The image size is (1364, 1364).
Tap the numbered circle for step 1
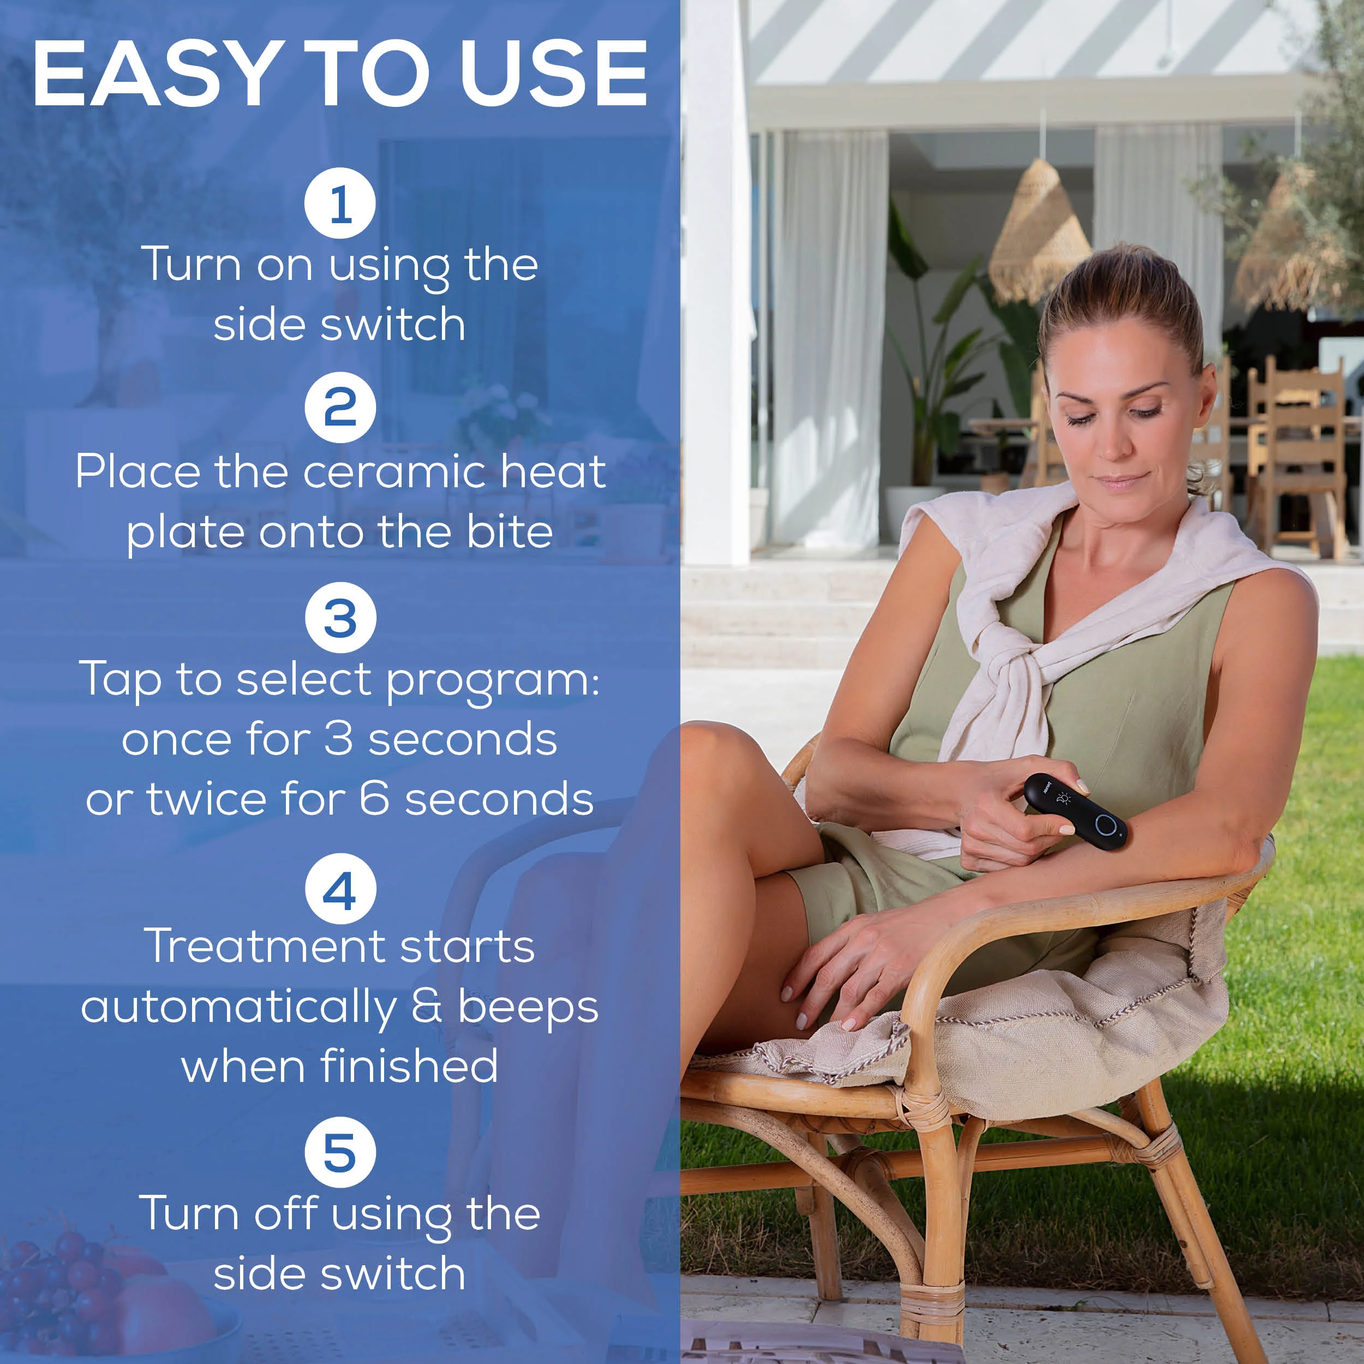(x=340, y=204)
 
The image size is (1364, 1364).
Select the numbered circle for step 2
(x=340, y=408)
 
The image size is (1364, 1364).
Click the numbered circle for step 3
(x=340, y=617)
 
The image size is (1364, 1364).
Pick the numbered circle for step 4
(x=340, y=888)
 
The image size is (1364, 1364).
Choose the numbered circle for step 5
(x=340, y=1152)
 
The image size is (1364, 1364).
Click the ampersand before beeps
(x=427, y=1006)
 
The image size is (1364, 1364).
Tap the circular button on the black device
(x=1105, y=824)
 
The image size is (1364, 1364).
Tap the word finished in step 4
(x=410, y=1066)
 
